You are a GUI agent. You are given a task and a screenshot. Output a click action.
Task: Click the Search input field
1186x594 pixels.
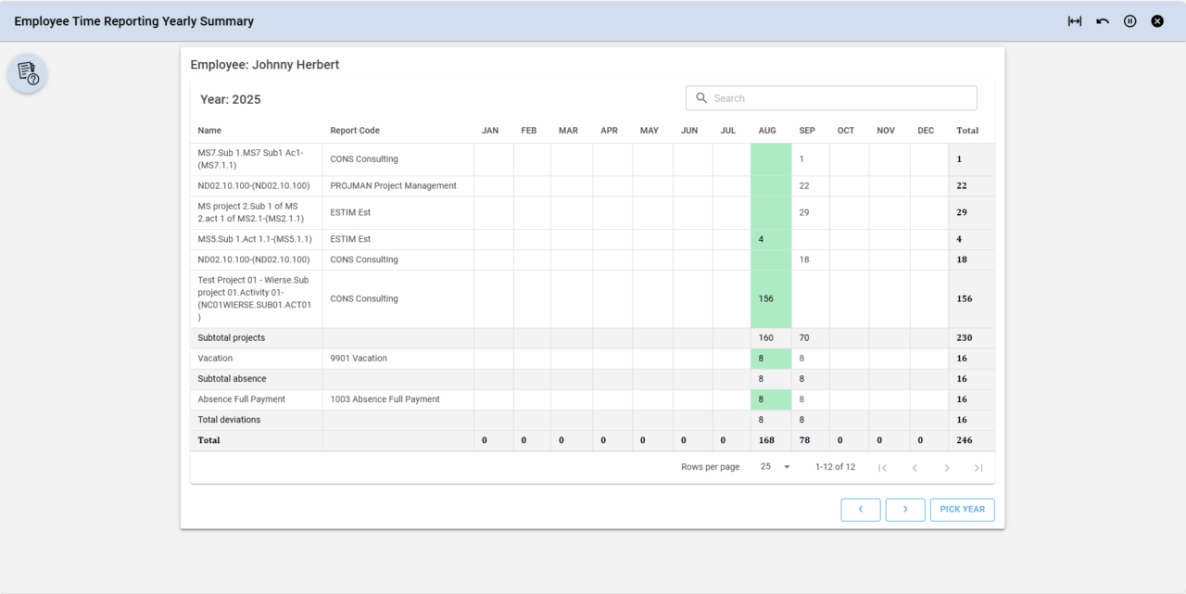pos(839,98)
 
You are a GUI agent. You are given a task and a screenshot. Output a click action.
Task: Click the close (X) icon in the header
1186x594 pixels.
pos(1157,21)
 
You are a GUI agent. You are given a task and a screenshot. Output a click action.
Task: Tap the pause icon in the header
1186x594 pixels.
pos(1129,21)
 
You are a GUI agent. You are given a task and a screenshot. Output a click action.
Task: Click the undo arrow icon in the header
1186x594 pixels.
pos(1103,21)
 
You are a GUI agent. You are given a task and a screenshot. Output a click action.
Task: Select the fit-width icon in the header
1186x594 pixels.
pos(1075,21)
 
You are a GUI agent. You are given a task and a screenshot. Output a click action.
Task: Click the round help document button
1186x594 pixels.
pos(28,73)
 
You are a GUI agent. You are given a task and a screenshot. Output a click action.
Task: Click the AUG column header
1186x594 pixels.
pos(767,131)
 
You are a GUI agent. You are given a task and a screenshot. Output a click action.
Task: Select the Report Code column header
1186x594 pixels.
pos(355,131)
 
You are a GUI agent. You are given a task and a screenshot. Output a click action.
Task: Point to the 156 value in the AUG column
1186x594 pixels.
pos(766,299)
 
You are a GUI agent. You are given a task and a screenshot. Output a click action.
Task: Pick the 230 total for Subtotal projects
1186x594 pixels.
pos(965,338)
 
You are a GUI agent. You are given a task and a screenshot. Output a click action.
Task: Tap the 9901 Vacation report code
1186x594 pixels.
pos(359,359)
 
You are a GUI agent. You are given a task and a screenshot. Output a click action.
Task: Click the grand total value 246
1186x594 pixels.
pos(965,440)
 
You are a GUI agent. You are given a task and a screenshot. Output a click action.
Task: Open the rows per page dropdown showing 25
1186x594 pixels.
pos(776,467)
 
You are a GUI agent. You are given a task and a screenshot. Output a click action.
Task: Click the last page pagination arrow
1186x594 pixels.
pos(978,468)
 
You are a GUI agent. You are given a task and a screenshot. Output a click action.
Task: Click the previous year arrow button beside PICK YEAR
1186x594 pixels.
pos(861,510)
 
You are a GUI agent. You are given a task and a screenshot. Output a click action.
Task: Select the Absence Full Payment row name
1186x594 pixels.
pos(242,399)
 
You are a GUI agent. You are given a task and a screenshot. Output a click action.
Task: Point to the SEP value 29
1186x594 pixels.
pos(804,213)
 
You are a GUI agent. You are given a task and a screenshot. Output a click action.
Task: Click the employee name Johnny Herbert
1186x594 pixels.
pos(296,65)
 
